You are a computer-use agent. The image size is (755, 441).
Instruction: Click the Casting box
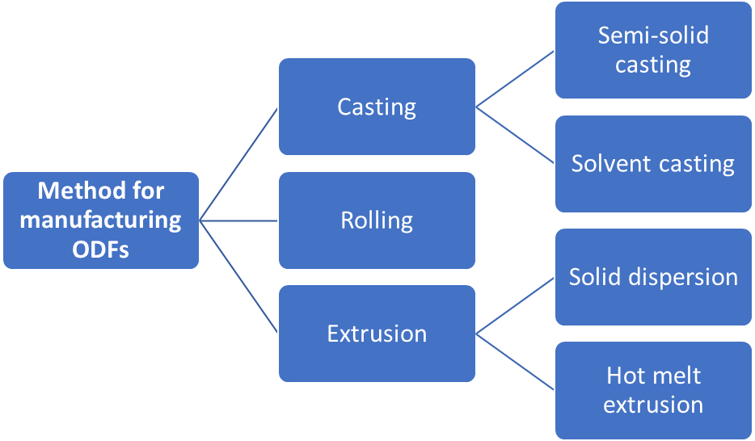point(377,107)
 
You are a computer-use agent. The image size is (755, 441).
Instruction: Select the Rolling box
point(377,220)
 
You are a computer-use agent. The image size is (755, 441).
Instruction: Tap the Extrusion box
point(377,333)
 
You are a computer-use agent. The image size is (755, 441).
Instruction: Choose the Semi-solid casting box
point(653,50)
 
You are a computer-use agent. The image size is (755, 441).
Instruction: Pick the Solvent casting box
point(653,163)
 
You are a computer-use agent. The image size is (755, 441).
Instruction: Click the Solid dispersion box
point(653,276)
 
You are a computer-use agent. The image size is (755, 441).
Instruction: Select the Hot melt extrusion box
point(653,389)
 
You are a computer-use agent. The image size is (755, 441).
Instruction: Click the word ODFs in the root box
point(101,249)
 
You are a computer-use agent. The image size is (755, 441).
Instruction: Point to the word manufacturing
point(101,220)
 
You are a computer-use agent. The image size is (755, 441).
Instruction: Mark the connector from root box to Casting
point(238,163)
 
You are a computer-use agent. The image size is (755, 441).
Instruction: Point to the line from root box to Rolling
point(238,220)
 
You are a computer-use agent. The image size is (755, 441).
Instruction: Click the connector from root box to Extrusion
point(238,276)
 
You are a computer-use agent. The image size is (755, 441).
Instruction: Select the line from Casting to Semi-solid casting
point(516,78)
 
